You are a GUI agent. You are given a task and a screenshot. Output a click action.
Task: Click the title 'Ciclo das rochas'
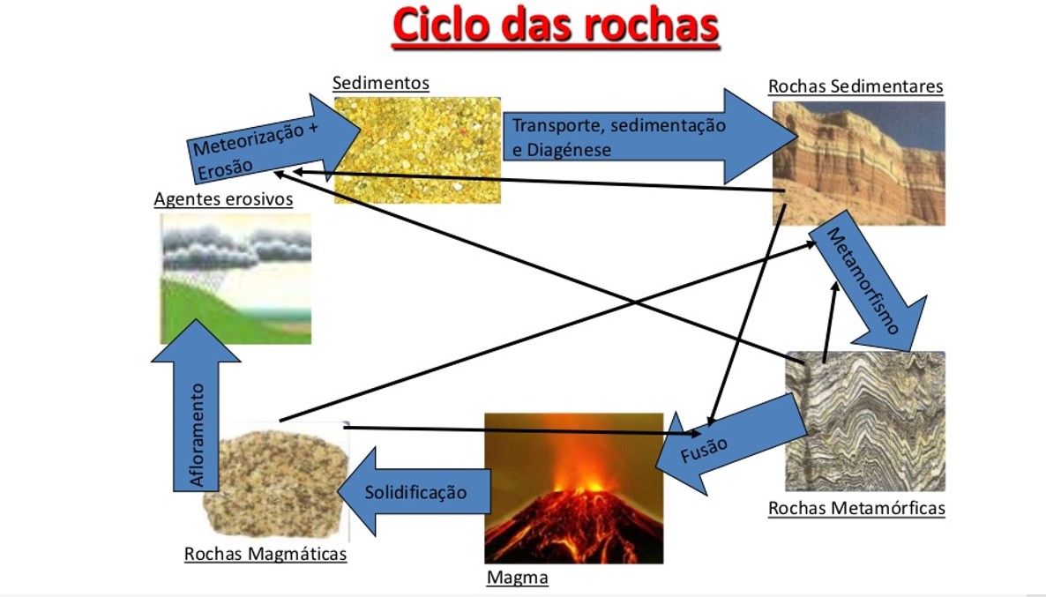point(556,26)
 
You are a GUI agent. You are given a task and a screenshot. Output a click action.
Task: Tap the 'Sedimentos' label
point(381,84)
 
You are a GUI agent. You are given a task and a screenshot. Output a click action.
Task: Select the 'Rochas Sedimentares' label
point(855,86)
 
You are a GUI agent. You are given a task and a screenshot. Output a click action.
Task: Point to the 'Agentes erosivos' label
point(223,199)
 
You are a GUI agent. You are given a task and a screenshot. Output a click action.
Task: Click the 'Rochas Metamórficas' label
point(856,508)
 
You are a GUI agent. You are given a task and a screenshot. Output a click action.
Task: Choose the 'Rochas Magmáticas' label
point(265,554)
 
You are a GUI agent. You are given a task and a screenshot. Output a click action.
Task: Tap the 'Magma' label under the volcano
point(518,578)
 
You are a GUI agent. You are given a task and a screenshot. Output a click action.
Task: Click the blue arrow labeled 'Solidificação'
point(415,491)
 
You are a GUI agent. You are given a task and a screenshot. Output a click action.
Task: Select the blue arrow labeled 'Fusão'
point(730,445)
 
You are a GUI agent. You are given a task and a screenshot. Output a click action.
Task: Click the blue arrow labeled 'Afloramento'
point(196,407)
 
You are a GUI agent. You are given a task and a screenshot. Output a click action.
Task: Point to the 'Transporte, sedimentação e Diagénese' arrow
point(650,137)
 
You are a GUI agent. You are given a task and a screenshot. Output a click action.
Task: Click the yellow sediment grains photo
point(417,150)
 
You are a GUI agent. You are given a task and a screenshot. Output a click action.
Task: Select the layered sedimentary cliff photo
point(858,163)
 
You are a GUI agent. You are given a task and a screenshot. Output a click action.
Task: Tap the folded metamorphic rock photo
point(865,422)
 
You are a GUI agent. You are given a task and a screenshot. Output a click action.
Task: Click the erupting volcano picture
point(573,489)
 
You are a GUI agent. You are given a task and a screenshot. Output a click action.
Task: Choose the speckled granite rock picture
point(275,483)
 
